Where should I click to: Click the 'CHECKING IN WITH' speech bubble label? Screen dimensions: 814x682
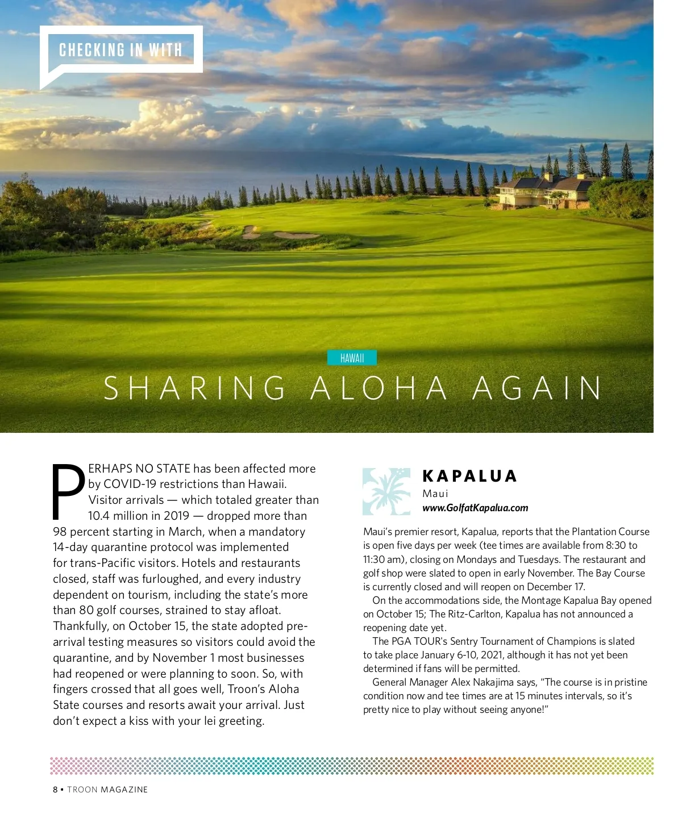point(120,50)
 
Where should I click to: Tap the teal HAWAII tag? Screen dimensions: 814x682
point(352,358)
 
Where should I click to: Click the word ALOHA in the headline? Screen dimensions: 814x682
point(380,389)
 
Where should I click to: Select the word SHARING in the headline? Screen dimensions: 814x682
point(195,389)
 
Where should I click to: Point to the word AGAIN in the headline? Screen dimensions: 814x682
point(537,389)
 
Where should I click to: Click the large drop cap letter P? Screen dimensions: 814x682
point(68,491)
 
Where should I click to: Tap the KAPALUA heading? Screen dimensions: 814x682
point(469,476)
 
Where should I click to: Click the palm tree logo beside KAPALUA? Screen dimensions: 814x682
point(386,491)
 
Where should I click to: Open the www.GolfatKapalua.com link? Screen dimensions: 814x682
point(475,508)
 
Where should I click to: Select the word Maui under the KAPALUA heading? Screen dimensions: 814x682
point(435,494)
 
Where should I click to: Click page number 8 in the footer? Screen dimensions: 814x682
point(55,790)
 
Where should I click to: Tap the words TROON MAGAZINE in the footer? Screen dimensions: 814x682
point(107,790)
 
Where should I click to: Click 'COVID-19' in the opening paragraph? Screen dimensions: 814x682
point(130,484)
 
